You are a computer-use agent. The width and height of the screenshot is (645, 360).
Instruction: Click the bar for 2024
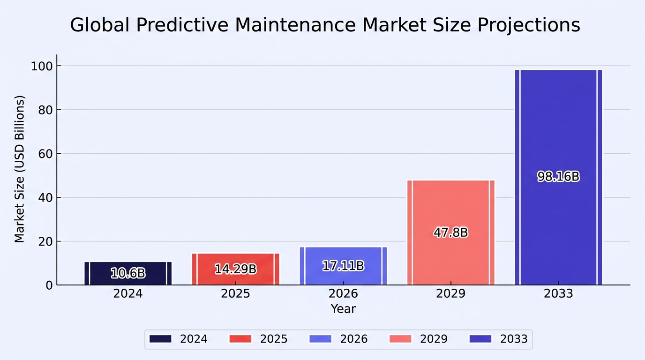pos(128,273)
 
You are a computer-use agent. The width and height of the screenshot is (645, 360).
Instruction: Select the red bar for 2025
pos(235,269)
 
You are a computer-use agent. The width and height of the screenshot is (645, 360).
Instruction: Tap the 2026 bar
pos(343,266)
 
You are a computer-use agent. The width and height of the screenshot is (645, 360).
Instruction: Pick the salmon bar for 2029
pos(451,232)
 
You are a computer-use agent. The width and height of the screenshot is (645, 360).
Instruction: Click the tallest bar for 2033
pos(559,177)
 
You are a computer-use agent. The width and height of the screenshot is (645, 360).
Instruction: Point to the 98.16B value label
pos(558,177)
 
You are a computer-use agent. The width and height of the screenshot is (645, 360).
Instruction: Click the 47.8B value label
pos(451,232)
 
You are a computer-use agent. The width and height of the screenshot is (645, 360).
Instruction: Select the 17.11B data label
pos(343,266)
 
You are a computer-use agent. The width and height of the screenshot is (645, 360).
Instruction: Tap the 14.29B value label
pos(235,269)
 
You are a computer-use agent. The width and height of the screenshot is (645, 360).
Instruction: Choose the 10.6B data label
pos(128,273)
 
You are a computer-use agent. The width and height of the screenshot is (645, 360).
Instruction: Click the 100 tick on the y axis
pos(42,66)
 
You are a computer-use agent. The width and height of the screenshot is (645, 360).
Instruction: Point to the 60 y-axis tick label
pos(45,154)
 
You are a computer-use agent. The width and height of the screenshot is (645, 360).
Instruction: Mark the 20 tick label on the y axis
pos(45,241)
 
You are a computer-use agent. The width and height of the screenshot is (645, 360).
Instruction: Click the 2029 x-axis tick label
pos(450,293)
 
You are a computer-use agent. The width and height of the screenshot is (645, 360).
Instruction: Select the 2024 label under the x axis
pos(128,293)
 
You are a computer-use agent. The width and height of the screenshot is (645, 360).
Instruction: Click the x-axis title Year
pos(343,309)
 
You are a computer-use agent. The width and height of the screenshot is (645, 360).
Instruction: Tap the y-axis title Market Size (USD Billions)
pos(20,169)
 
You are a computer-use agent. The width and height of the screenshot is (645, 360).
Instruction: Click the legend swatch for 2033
pos(480,339)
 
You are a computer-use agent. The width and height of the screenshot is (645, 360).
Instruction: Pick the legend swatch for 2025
pos(240,339)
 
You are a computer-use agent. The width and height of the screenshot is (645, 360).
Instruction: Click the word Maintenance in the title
pos(295,25)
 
